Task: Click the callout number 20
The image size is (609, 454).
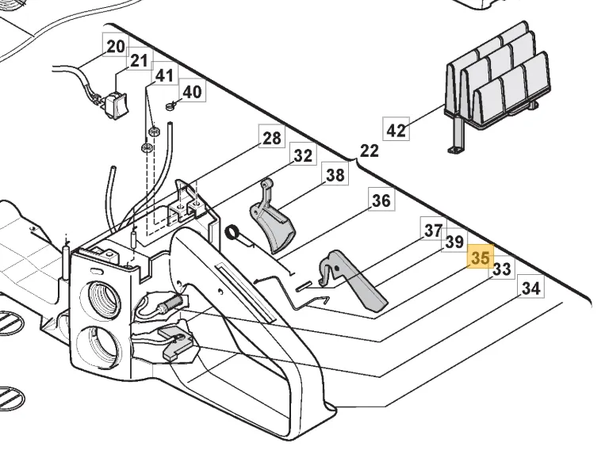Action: (116, 47)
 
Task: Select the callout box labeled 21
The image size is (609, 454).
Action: (139, 61)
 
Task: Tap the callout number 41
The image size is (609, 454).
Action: (163, 76)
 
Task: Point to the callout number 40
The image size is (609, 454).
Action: (192, 92)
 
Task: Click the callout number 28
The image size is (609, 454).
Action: (271, 139)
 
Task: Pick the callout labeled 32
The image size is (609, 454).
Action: (303, 156)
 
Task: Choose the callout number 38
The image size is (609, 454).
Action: (335, 175)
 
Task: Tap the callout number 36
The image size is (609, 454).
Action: (381, 200)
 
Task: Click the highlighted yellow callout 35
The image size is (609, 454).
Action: (480, 258)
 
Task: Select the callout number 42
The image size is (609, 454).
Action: (396, 129)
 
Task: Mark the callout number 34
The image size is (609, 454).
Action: (530, 288)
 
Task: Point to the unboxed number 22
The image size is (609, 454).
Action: (370, 151)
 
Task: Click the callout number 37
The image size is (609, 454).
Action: (433, 231)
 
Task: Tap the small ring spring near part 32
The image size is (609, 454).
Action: (234, 232)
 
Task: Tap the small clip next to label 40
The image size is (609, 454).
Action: (171, 105)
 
